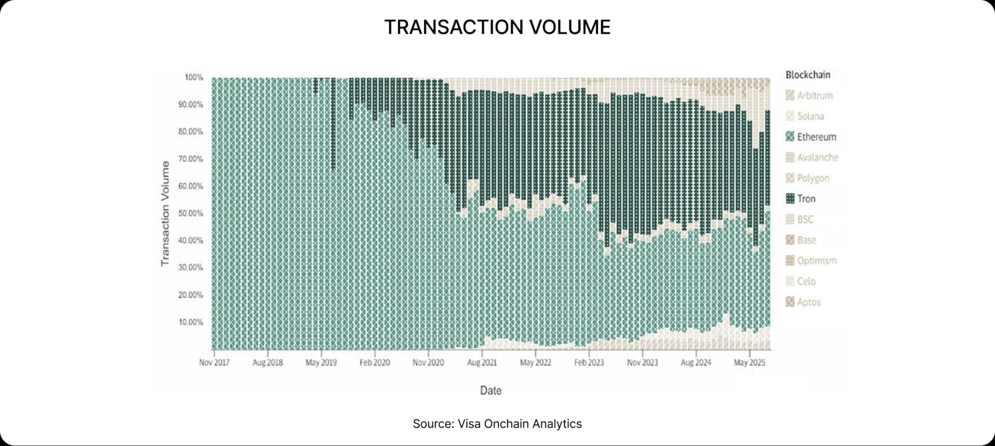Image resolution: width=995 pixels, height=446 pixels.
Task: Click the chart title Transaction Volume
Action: pyautogui.click(x=497, y=27)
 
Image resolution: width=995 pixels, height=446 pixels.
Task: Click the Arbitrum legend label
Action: pyautogui.click(x=815, y=95)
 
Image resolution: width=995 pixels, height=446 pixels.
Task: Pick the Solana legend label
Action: pyautogui.click(x=810, y=116)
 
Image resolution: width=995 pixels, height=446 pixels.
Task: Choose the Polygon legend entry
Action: pyautogui.click(x=813, y=178)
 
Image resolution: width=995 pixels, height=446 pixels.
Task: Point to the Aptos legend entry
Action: pyautogui.click(x=808, y=302)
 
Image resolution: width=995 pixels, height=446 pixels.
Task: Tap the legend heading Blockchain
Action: pyautogui.click(x=807, y=75)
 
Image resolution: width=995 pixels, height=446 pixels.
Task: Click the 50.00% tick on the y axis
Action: pyautogui.click(x=191, y=213)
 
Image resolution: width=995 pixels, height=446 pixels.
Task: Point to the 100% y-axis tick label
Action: pyautogui.click(x=194, y=77)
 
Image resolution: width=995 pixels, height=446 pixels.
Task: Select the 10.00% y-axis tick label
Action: pyautogui.click(x=191, y=322)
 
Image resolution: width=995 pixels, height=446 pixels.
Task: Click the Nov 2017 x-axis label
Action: pyautogui.click(x=214, y=363)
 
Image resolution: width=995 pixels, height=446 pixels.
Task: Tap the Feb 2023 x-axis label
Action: pyautogui.click(x=589, y=363)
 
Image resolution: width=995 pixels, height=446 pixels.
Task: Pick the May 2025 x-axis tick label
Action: pyautogui.click(x=749, y=363)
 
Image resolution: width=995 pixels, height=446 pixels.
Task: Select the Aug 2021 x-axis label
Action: pyautogui.click(x=481, y=363)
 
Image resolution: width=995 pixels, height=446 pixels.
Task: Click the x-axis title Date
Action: pyautogui.click(x=490, y=391)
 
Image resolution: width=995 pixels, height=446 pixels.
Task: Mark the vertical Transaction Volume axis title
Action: pyautogui.click(x=165, y=214)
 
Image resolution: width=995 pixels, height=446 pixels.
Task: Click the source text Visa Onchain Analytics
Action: pyautogui.click(x=497, y=424)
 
